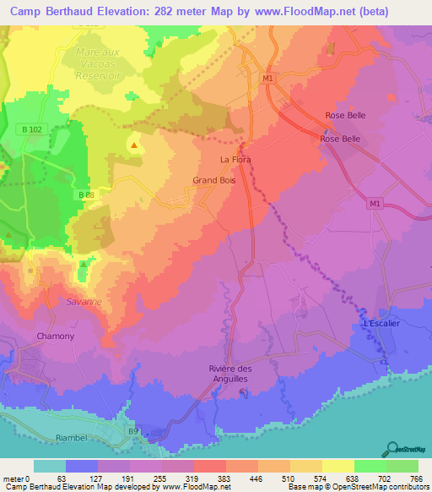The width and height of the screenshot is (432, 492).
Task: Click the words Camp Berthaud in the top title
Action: click(46, 11)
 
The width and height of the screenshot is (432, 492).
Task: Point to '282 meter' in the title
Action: click(170, 11)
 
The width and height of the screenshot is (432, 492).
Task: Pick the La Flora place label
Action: click(235, 159)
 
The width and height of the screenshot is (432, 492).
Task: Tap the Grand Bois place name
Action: click(213, 180)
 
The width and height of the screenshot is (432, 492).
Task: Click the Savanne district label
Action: click(84, 301)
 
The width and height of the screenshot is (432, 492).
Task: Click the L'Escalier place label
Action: click(379, 324)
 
